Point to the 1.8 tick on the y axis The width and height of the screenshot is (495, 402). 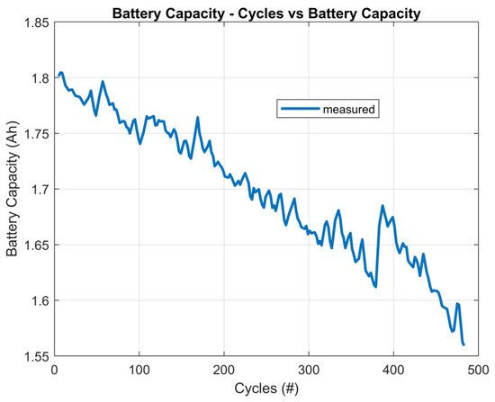tap(39, 78)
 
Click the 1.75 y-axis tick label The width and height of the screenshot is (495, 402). tap(36, 134)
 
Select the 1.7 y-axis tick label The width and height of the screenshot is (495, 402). tap(39, 190)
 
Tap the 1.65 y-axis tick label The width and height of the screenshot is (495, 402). tap(36, 245)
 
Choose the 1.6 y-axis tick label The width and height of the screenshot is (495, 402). tap(39, 300)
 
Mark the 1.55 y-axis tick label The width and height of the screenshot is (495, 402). tap(36, 356)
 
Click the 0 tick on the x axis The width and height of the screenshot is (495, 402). tap(55, 370)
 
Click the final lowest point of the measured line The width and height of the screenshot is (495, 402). tap(463, 344)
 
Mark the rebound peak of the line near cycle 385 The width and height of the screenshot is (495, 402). tap(382, 206)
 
